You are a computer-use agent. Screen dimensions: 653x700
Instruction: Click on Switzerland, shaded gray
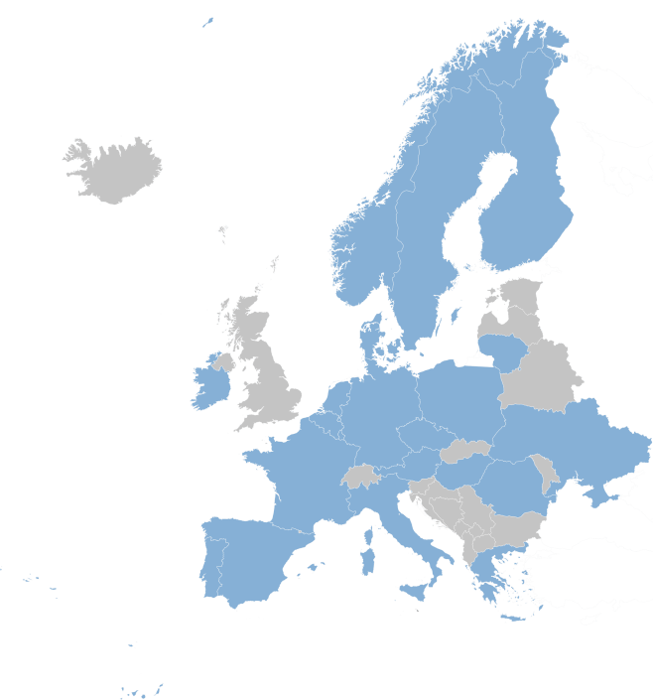pyautogui.click(x=363, y=476)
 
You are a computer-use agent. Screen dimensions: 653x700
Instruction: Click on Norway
pyautogui.click(x=367, y=248)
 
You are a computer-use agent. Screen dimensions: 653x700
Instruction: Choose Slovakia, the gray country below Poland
pyautogui.click(x=466, y=451)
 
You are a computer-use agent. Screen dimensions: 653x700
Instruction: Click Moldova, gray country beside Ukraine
pyautogui.click(x=543, y=472)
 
